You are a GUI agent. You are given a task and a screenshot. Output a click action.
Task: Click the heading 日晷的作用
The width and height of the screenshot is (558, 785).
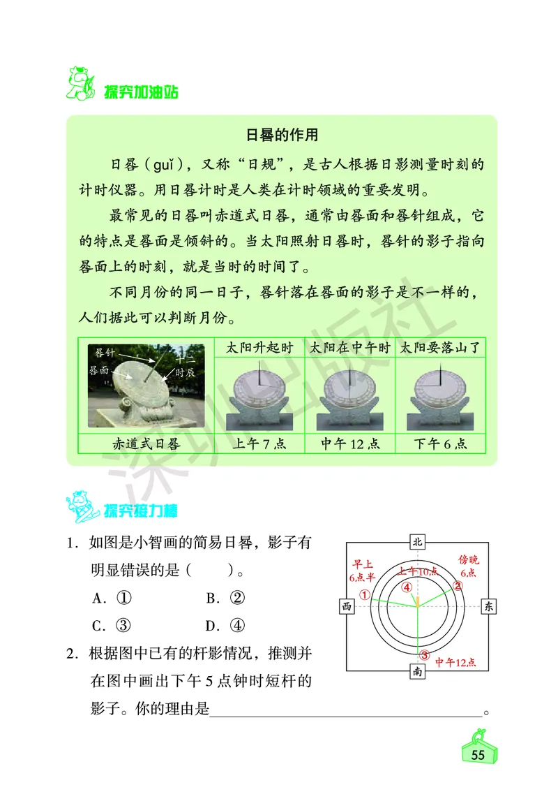(282, 134)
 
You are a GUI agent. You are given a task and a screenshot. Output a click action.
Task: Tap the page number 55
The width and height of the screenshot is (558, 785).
(478, 756)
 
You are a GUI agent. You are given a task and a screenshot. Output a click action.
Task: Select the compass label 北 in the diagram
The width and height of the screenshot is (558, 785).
(417, 542)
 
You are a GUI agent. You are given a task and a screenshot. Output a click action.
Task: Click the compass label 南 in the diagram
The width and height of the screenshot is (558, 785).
(417, 671)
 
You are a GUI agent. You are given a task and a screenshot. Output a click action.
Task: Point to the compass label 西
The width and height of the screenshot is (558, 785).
(346, 606)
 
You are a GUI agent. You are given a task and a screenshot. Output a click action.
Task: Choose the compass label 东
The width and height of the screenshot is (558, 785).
(489, 606)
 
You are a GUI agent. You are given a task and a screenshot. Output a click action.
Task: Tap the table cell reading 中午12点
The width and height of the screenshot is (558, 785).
(350, 443)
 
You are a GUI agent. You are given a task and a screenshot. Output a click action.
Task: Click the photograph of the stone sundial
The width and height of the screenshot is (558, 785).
(146, 386)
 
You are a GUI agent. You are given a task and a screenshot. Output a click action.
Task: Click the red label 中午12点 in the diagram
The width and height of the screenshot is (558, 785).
(455, 662)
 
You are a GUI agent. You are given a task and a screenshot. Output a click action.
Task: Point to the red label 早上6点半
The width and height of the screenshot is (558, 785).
(362, 570)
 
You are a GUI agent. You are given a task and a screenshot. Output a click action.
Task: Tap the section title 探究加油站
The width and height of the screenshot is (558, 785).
(139, 92)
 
